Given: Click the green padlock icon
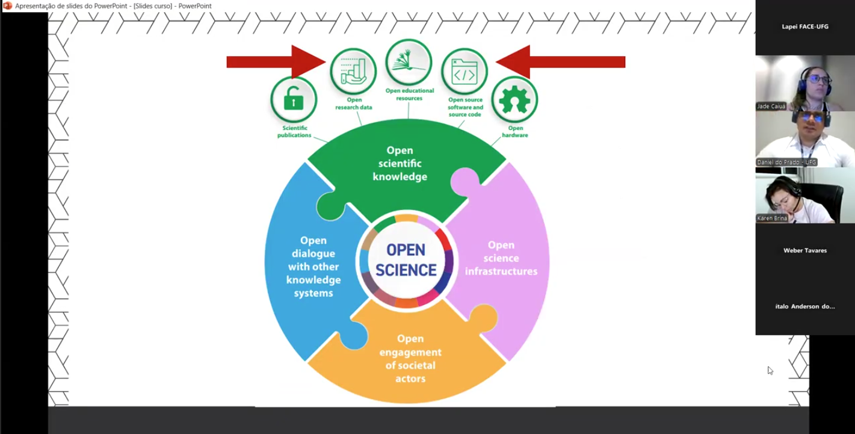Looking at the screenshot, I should [294, 99].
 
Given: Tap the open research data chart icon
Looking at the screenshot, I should [353, 71].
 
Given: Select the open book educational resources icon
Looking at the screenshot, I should [409, 63].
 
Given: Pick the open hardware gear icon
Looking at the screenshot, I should [514, 99].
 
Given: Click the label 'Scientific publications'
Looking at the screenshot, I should [294, 132].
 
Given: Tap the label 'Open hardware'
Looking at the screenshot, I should [515, 132].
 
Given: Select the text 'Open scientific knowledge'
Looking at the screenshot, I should [400, 163].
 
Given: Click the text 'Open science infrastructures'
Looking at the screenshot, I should [501, 258].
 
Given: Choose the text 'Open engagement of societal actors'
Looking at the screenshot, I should [410, 359].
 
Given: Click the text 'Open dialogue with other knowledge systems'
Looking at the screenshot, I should [313, 267].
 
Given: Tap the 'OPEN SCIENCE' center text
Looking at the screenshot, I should [406, 260].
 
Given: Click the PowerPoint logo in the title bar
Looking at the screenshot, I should [8, 6].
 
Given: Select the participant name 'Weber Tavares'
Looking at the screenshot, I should [805, 250].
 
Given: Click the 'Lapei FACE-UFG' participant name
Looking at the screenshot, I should [805, 26].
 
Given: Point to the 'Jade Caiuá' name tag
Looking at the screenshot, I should [771, 107].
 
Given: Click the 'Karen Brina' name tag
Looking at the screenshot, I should [772, 219].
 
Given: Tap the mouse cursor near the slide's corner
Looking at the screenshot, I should [770, 370].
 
